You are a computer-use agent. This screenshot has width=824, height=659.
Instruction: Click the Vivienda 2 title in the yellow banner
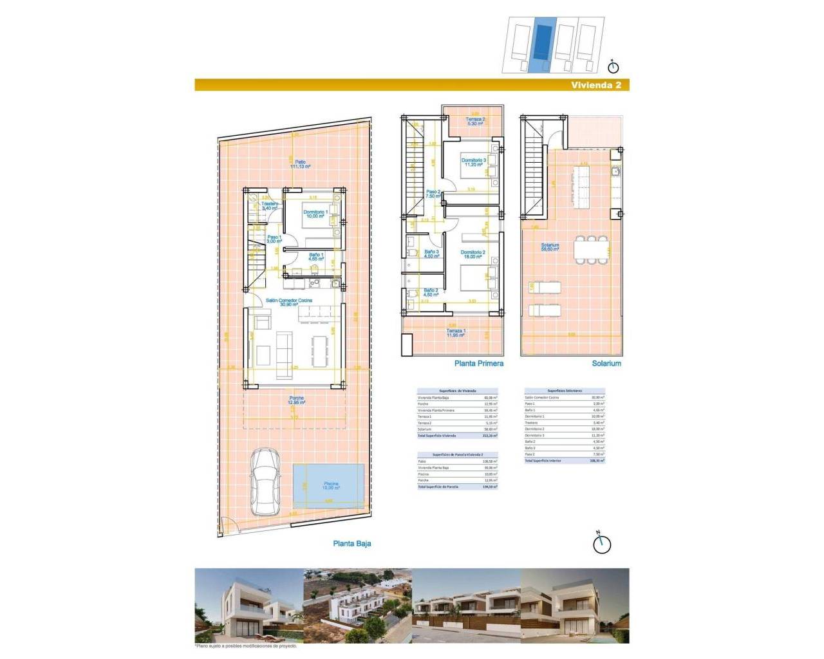pyautogui.click(x=595, y=85)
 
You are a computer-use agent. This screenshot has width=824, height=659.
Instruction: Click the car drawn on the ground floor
pyautogui.click(x=264, y=481)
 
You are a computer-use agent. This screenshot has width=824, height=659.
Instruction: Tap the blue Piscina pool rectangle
pyautogui.click(x=330, y=486)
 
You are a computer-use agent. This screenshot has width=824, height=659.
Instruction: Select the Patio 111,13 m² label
pyautogui.click(x=299, y=164)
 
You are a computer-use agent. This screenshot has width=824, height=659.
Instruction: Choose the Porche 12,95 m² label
pyautogui.click(x=296, y=400)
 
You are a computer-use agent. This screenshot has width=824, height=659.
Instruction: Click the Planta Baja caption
pyautogui.click(x=351, y=543)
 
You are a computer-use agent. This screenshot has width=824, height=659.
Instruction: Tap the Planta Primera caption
pyautogui.click(x=478, y=364)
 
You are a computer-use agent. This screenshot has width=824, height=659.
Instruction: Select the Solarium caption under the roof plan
pyautogui.click(x=606, y=364)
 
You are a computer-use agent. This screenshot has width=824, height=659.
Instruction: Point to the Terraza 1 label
pyautogui.click(x=456, y=333)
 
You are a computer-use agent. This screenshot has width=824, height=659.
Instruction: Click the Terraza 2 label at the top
pyautogui.click(x=476, y=122)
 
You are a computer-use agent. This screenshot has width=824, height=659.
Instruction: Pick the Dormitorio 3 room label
pyautogui.click(x=473, y=162)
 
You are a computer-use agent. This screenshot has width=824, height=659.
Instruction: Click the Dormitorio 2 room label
pyautogui.click(x=473, y=254)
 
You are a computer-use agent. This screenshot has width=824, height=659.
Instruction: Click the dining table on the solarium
pyautogui.click(x=591, y=249)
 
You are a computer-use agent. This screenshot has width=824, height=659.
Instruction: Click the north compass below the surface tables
pyautogui.click(x=601, y=543)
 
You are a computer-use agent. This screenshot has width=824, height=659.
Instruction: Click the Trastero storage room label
pyautogui.click(x=270, y=206)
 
